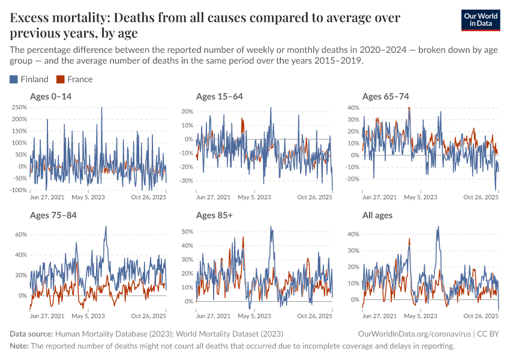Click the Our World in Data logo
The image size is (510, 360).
481,19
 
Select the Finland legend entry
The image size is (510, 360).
29,79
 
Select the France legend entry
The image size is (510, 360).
74,79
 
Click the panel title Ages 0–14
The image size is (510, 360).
53,96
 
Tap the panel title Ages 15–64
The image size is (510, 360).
220,96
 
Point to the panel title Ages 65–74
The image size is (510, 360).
386,96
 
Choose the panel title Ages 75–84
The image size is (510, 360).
53,215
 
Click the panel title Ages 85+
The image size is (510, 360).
215,215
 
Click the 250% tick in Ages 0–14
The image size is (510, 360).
19,107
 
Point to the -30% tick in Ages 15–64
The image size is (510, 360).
185,181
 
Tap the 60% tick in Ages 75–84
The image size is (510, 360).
20,235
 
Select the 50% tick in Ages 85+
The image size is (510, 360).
187,231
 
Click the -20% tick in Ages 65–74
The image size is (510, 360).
352,179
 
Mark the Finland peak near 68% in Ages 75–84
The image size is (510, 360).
106,227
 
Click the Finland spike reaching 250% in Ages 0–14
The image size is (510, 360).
101,108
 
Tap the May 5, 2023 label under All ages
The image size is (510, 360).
421,316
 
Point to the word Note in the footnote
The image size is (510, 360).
19,346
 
